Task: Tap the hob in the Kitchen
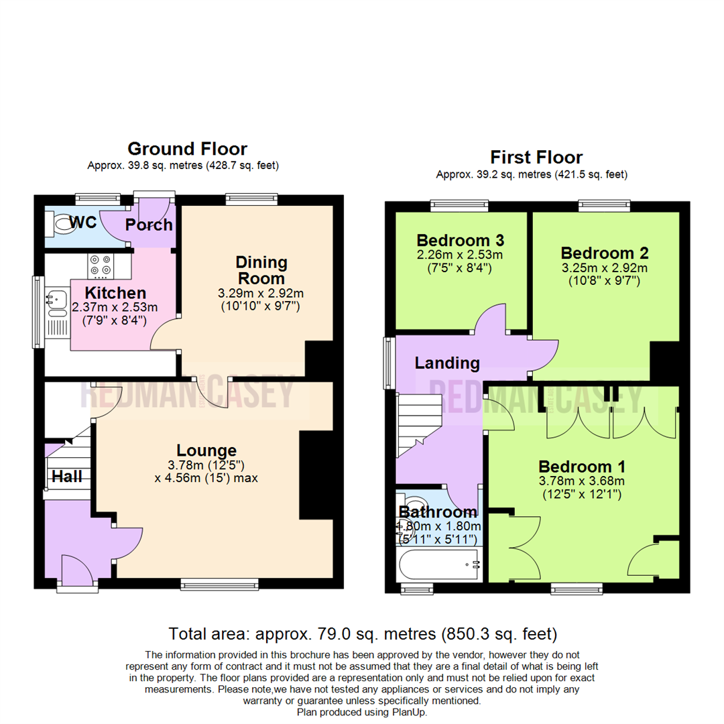click(x=101, y=265)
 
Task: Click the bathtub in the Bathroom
click(x=440, y=564)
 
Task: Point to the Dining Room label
click(x=261, y=269)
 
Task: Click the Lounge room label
click(x=206, y=450)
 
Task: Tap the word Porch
click(x=149, y=225)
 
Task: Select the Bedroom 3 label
click(x=460, y=240)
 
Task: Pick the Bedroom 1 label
click(x=582, y=466)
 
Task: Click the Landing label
click(x=447, y=363)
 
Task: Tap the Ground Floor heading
click(x=187, y=149)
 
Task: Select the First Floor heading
click(x=536, y=158)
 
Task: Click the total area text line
click(x=362, y=633)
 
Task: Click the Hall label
click(x=68, y=477)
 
